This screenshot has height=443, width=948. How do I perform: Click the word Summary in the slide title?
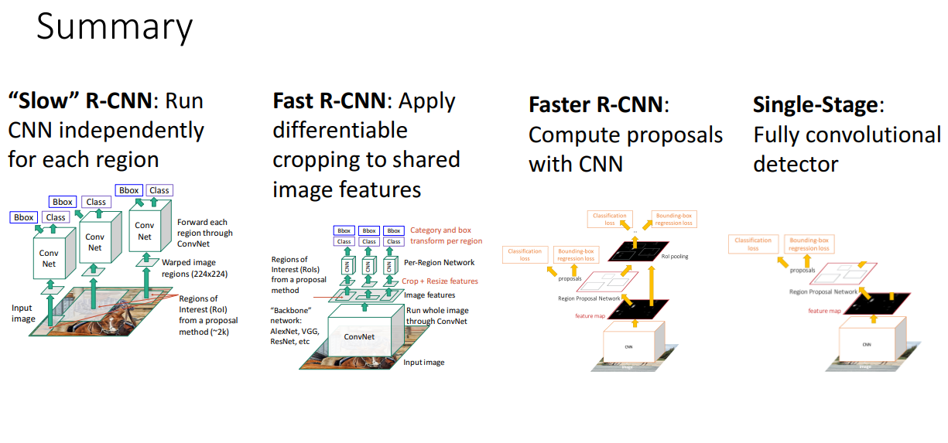click(x=115, y=28)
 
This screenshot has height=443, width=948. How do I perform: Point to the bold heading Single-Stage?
click(x=818, y=105)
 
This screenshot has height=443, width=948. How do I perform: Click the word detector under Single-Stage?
click(x=796, y=164)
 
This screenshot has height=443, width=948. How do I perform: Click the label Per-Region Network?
click(x=438, y=262)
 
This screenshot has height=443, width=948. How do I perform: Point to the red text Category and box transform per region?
click(x=446, y=235)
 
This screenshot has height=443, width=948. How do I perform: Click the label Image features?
click(x=430, y=295)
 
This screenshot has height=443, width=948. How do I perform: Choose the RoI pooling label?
click(x=675, y=256)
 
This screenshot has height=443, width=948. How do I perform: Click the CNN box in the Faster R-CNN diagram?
click(x=628, y=346)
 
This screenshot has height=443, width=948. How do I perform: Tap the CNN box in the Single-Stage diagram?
click(x=867, y=344)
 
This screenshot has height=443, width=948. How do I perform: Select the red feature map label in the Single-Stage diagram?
click(x=824, y=310)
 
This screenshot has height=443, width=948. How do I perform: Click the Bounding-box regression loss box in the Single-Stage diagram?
click(x=809, y=244)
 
